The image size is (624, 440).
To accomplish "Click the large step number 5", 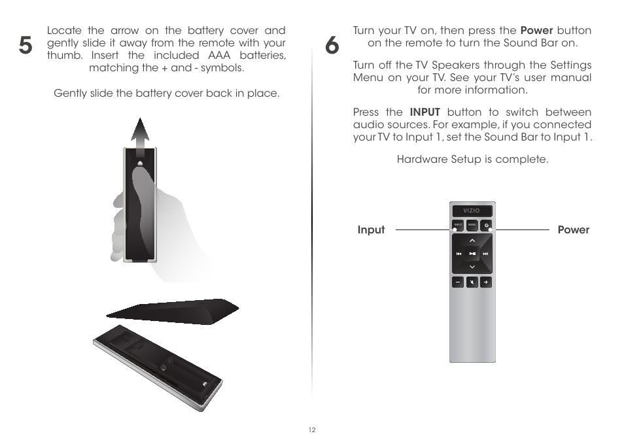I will (24, 46).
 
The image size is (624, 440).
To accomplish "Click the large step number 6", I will (332, 46).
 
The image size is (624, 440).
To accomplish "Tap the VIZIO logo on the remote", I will (472, 211).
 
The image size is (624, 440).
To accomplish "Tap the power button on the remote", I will (487, 226).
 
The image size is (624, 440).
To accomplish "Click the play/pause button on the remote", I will (472, 254).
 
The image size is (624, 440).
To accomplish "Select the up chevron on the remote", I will (472, 241).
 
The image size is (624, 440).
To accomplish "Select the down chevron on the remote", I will (472, 267).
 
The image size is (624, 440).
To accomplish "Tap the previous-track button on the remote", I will (459, 254).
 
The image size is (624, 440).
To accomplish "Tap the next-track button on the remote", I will (486, 254).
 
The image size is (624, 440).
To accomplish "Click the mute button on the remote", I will (472, 282).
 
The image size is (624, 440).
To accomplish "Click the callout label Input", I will (371, 229).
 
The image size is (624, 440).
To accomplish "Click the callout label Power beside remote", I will (573, 229).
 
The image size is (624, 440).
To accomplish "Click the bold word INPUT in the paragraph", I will (425, 112).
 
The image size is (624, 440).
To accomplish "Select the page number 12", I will (311, 430).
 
